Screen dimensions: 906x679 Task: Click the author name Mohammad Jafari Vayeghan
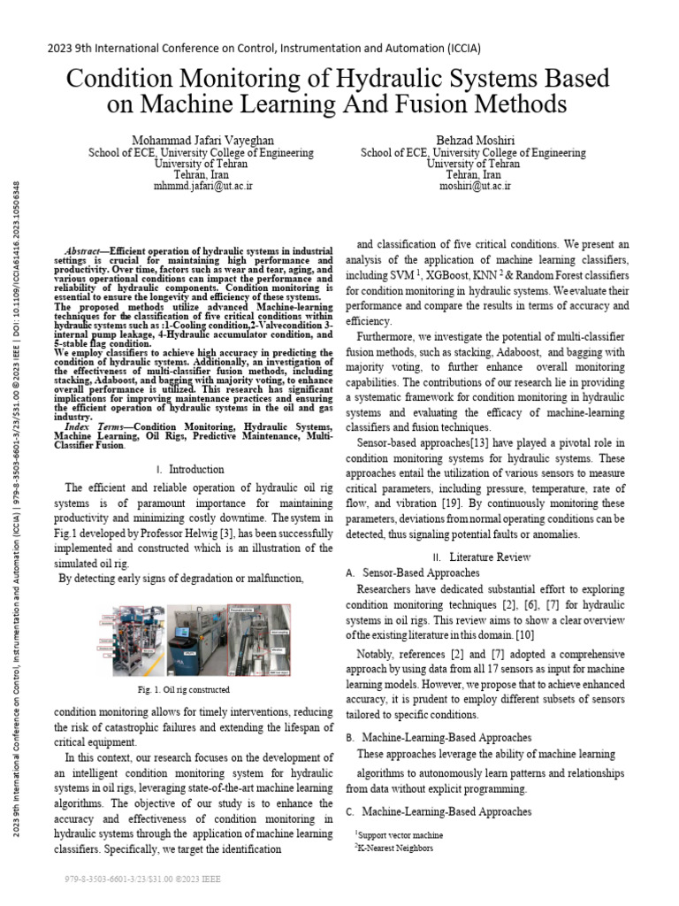click(x=202, y=140)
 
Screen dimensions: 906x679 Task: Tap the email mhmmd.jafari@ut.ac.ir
click(x=202, y=187)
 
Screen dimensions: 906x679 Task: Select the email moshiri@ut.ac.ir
click(x=475, y=187)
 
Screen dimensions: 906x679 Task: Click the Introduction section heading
click(x=195, y=469)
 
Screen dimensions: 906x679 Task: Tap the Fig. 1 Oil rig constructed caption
click(x=184, y=689)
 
